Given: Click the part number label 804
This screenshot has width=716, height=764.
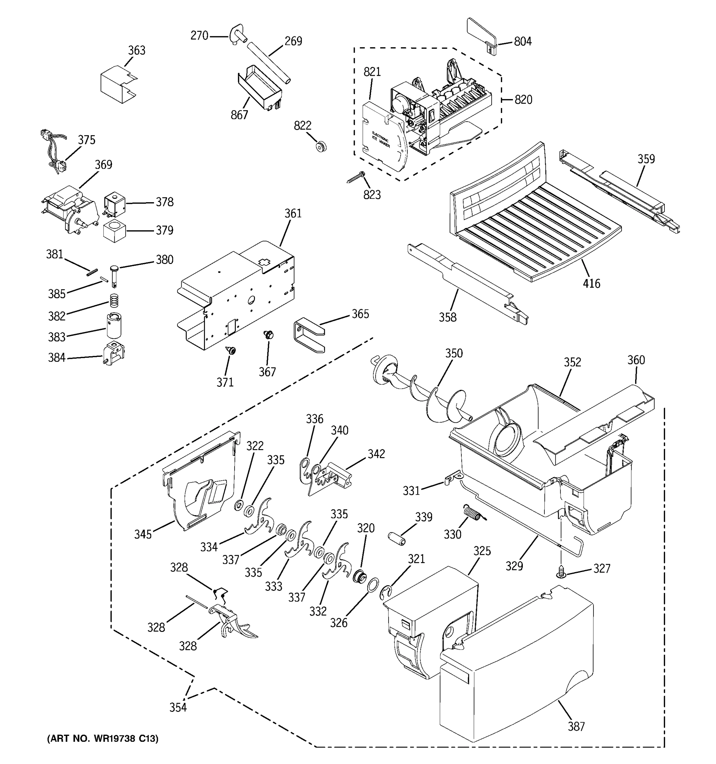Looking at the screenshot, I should [x=523, y=41].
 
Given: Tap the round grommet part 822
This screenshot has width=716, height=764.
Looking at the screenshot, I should [x=321, y=146].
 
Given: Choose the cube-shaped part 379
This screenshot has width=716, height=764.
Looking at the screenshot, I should [x=115, y=231].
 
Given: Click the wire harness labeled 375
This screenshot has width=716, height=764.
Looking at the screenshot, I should [x=54, y=152].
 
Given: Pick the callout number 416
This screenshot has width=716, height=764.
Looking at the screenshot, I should [x=591, y=284].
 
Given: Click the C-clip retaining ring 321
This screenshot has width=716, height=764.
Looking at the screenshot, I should [x=386, y=593].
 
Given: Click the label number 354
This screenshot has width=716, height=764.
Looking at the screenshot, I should [x=178, y=707].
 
